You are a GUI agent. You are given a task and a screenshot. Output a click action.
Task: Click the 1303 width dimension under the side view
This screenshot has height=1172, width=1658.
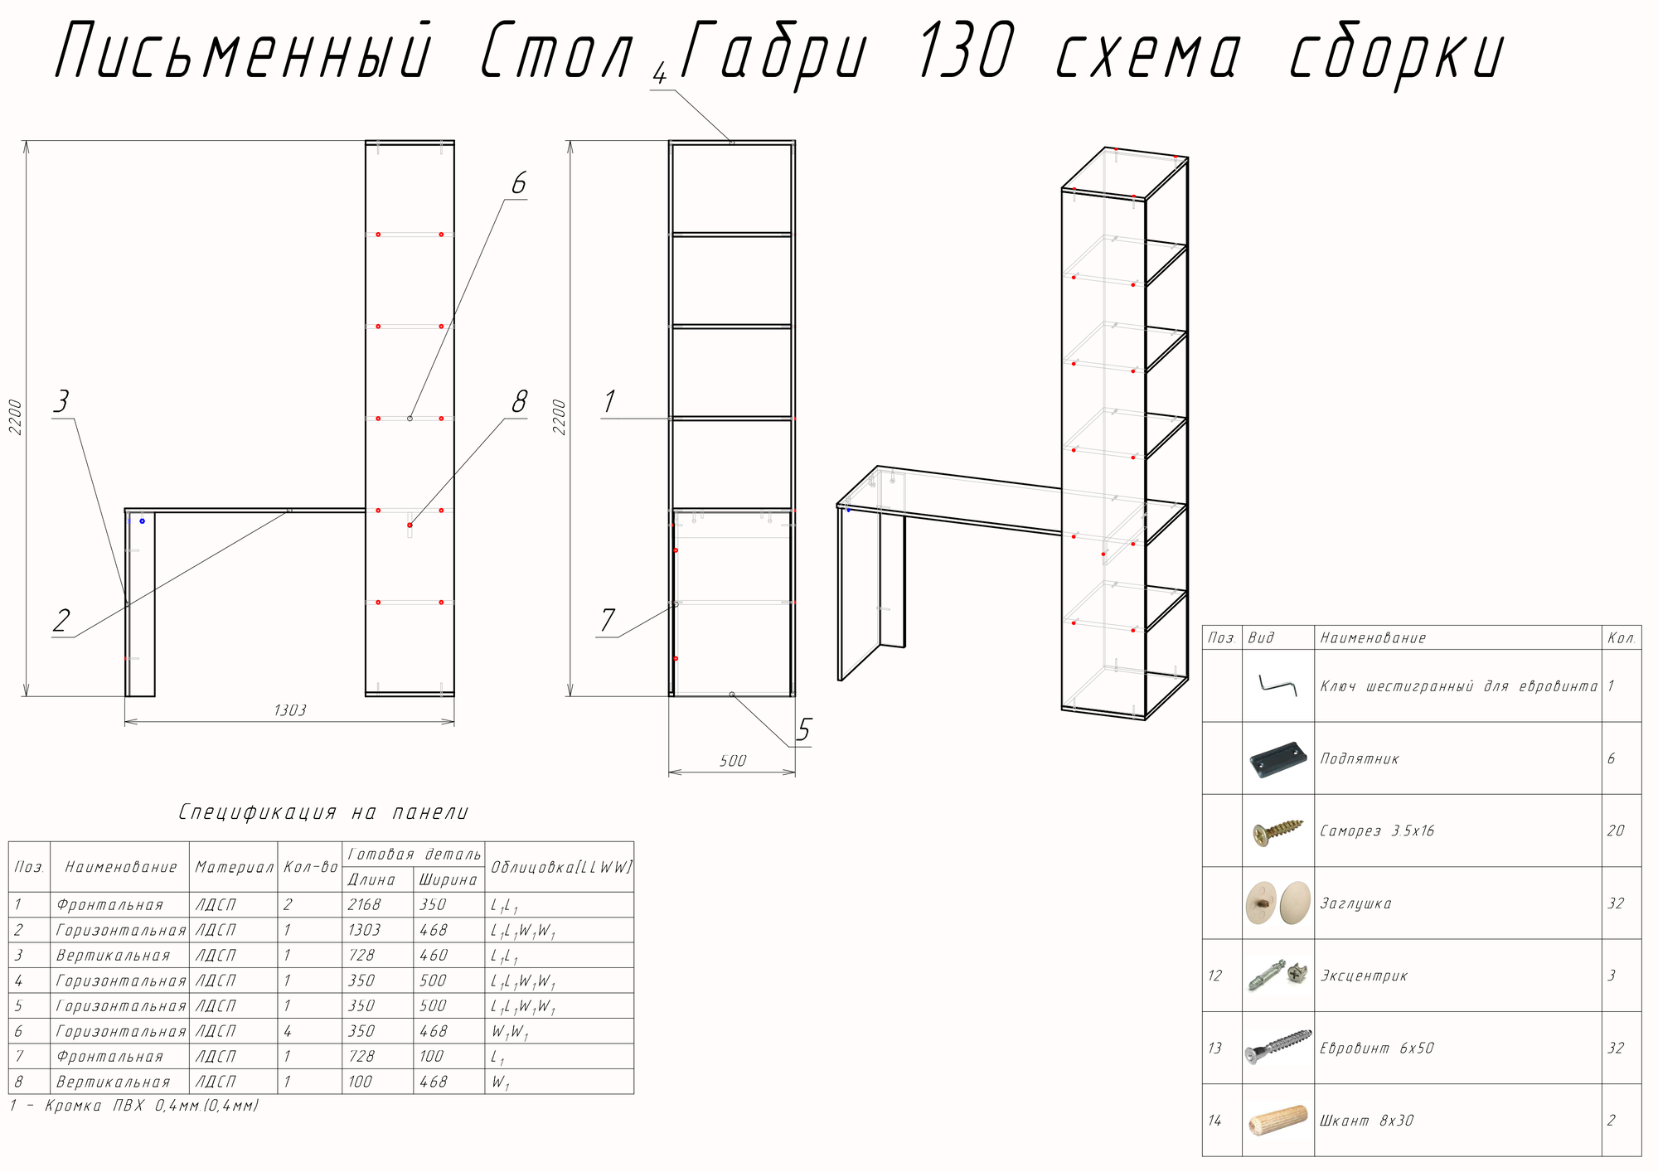point(290,710)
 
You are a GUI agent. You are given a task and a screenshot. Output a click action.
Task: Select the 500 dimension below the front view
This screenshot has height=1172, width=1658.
point(733,761)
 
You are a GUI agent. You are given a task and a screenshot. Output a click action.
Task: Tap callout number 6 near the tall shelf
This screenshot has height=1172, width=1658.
point(519,183)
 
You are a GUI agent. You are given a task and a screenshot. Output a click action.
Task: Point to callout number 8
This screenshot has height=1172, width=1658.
point(520,402)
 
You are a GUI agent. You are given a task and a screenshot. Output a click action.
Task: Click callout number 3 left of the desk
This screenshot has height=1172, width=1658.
point(61,402)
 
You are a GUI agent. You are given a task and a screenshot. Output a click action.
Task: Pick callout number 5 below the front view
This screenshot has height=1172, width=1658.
point(803,730)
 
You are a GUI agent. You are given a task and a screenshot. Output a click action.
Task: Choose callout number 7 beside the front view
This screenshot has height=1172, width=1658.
point(608,620)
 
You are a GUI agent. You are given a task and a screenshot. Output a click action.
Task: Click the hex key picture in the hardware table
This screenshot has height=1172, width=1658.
point(1277,685)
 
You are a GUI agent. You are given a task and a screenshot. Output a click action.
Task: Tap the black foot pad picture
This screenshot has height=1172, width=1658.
point(1277,758)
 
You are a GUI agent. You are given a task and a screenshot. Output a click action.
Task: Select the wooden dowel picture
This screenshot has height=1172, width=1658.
point(1277,1121)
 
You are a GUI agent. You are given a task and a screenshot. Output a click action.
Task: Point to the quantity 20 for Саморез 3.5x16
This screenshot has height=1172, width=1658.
point(1616,831)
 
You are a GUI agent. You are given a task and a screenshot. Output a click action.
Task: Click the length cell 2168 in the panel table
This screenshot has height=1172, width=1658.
point(364,905)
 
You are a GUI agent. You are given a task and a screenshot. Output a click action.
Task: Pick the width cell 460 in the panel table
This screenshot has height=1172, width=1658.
point(434,956)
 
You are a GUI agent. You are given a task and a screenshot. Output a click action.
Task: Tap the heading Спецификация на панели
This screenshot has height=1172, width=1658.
point(323,812)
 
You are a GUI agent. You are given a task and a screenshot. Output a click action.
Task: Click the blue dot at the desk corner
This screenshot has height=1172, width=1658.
point(142,521)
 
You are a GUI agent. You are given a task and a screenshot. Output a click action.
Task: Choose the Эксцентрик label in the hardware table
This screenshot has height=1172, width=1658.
point(1364,976)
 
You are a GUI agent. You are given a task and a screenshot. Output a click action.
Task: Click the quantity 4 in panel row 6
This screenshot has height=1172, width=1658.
point(288,1031)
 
